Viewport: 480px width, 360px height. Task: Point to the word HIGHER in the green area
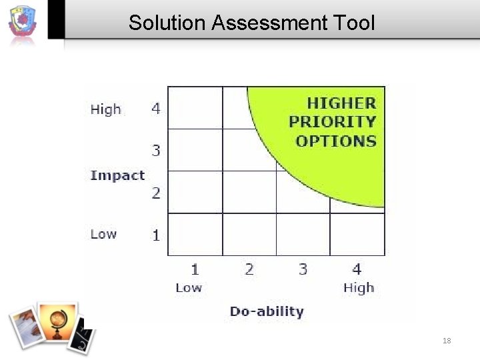pos(341,103)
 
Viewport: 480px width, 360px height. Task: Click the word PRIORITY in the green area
pos(332,122)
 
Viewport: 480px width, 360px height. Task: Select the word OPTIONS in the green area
pos(336,141)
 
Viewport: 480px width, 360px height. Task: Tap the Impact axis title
pos(117,175)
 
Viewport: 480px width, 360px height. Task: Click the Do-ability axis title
pos(267,311)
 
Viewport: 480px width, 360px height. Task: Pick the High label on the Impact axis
pos(105,109)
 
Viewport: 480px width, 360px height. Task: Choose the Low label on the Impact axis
pos(103,234)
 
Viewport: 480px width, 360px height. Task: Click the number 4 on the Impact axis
pos(156,108)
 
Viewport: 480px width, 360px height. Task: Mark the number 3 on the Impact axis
pos(156,151)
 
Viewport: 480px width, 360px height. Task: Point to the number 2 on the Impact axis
pos(156,193)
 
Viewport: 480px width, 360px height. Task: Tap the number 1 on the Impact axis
pos(156,235)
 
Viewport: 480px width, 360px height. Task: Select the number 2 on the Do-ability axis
pos(249,269)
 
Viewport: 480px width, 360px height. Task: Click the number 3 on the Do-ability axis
pos(303,269)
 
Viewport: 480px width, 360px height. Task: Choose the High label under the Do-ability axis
pos(359,288)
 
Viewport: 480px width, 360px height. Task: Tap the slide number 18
pos(447,341)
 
